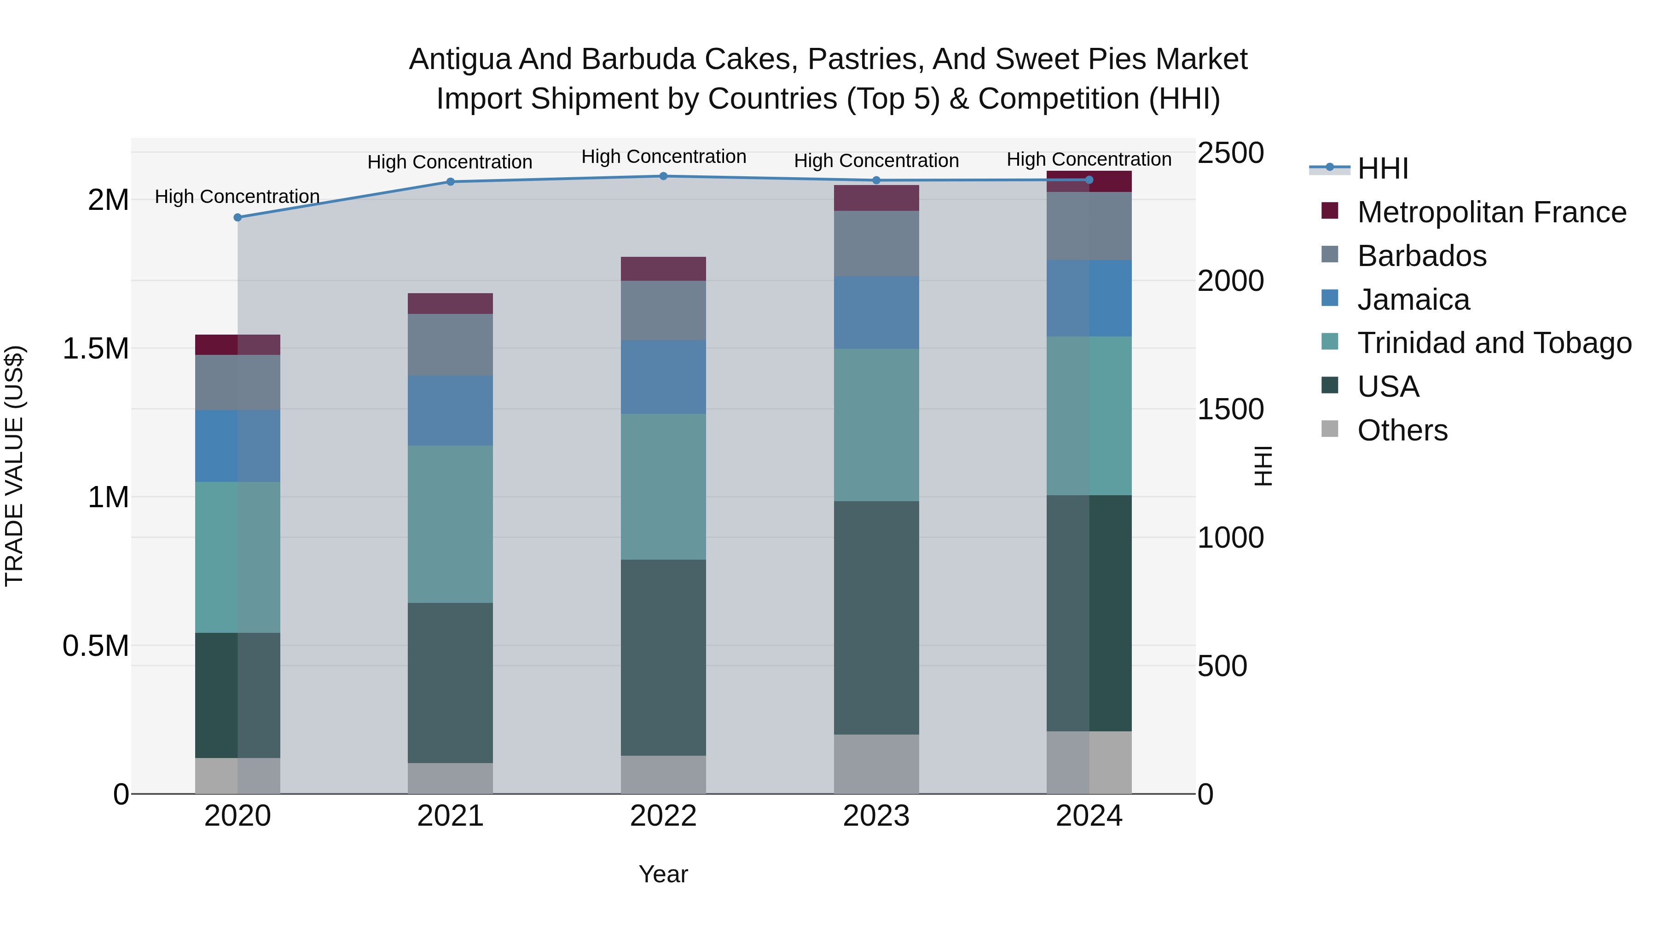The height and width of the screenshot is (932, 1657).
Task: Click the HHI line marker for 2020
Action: tap(238, 217)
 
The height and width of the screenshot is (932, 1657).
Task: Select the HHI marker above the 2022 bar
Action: tap(663, 176)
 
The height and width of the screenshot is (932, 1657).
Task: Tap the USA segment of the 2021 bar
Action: tap(450, 683)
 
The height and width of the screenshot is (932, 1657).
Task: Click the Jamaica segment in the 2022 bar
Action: tap(663, 377)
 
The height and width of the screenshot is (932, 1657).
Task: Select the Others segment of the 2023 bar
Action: tap(876, 764)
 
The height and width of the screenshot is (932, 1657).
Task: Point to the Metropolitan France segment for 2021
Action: tap(450, 304)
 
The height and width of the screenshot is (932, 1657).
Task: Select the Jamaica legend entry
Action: tap(1413, 300)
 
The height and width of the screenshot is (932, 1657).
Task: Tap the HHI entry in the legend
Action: tap(1382, 168)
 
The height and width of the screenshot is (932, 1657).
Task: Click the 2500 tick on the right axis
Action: tap(1230, 153)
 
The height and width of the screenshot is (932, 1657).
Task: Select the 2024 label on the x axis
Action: tap(1089, 816)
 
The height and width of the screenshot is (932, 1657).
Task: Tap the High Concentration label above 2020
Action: tap(238, 196)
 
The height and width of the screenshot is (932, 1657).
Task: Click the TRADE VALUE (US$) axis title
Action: tap(14, 466)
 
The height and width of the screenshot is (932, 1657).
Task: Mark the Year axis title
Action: tap(663, 874)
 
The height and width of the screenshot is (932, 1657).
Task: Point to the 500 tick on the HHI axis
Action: tap(1222, 666)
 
